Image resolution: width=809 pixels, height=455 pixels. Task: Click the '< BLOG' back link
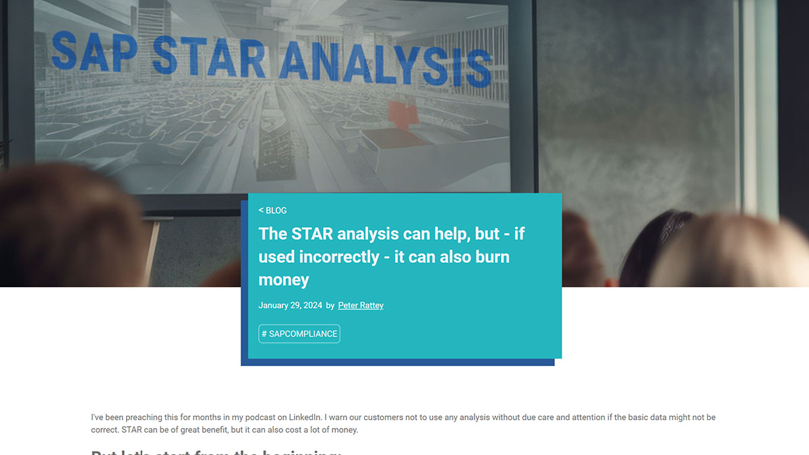(272, 210)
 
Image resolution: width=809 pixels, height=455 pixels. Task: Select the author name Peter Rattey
(361, 305)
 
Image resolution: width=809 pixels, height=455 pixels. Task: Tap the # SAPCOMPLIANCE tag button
(299, 334)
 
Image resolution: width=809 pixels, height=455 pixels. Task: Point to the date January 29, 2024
(290, 305)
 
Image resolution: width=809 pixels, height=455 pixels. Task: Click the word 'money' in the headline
(284, 280)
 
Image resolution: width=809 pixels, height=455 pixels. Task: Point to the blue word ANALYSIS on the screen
(384, 63)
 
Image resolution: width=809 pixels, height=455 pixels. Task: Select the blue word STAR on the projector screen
(209, 57)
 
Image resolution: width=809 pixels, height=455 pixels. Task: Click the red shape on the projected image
(402, 111)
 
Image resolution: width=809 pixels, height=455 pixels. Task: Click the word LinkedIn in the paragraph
(313, 418)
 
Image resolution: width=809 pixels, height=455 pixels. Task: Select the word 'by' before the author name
(330, 305)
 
